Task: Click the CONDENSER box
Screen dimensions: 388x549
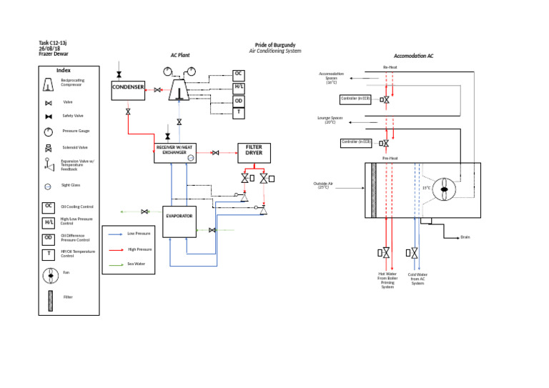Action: click(128, 89)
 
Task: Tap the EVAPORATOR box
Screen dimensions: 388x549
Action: click(179, 215)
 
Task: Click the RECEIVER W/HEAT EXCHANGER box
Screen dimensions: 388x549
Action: click(175, 150)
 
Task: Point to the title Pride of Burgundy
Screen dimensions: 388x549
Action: click(275, 45)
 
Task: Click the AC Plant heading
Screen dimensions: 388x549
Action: click(179, 55)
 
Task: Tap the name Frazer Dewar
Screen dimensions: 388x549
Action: click(54, 54)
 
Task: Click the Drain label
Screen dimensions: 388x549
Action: click(465, 237)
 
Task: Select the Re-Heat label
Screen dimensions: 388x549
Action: click(390, 67)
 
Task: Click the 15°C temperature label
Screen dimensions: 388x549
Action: click(426, 188)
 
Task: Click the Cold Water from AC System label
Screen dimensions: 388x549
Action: click(417, 279)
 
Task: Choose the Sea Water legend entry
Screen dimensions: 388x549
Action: click(136, 264)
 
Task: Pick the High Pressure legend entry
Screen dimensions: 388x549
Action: click(139, 249)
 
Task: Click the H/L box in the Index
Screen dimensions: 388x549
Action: click(48, 222)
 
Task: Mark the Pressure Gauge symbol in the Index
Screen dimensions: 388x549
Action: click(48, 131)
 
